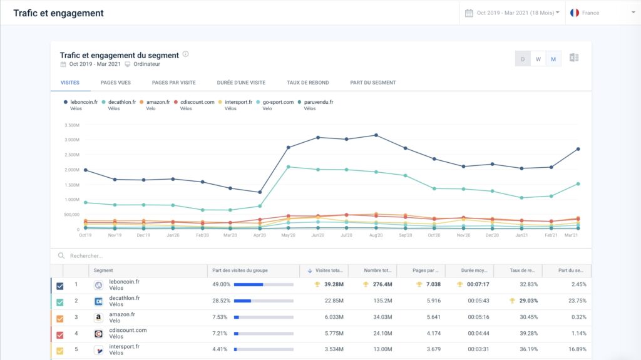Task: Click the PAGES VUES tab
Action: tap(115, 83)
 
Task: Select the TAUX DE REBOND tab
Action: tap(307, 83)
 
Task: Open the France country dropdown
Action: tap(602, 13)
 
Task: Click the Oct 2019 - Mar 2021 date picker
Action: tap(512, 13)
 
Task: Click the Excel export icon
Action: tap(573, 58)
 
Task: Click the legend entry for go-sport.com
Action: tap(278, 102)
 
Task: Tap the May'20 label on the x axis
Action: tap(288, 235)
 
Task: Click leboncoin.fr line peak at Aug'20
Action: tap(376, 135)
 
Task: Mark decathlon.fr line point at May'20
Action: tap(288, 167)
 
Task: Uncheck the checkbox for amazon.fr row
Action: tap(60, 318)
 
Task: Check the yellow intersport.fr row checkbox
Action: tap(60, 351)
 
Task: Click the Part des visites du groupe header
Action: tap(241, 270)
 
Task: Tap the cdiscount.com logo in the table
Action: tap(98, 334)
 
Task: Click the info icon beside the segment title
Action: tap(185, 54)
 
